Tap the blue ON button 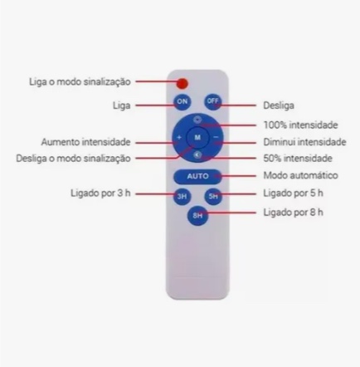tap(182, 101)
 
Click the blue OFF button tap(212, 101)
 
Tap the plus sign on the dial tap(179, 137)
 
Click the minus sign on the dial tap(216, 137)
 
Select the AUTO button tap(197, 176)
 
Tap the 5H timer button tap(213, 196)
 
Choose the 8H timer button tap(197, 215)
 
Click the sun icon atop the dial tap(198, 120)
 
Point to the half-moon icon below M tap(198, 155)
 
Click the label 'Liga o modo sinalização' tap(80, 82)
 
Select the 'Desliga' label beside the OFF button tap(279, 105)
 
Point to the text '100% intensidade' tap(300, 125)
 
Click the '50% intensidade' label tap(298, 159)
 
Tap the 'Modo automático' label tap(300, 175)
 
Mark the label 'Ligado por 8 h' tap(293, 213)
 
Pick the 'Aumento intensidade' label tap(85, 142)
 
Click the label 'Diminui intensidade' tap(304, 142)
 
